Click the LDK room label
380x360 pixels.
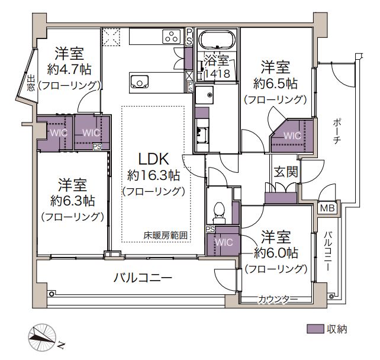pyautogui.click(x=153, y=159)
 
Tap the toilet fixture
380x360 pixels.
pyautogui.click(x=219, y=213)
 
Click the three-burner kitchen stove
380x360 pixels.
pyautogui.click(x=172, y=36)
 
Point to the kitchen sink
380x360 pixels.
pyautogui.click(x=139, y=82)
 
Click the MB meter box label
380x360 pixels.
pyautogui.click(x=327, y=208)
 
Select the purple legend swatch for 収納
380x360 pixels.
pyautogui.click(x=315, y=329)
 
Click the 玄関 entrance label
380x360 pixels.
pyautogui.click(x=286, y=172)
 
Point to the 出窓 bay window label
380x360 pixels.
pyautogui.click(x=31, y=83)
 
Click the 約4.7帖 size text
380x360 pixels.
pyautogui.click(x=69, y=70)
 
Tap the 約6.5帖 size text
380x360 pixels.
pyautogui.click(x=275, y=84)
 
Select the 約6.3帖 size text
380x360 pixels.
pyautogui.click(x=72, y=201)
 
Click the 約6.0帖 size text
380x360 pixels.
pyautogui.click(x=276, y=253)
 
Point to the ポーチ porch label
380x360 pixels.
pyautogui.click(x=336, y=131)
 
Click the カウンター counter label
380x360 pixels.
pyautogui.click(x=278, y=300)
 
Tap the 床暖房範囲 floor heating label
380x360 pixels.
pyautogui.click(x=165, y=236)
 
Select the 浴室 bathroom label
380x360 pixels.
pyautogui.click(x=217, y=60)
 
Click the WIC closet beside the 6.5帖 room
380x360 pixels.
pyautogui.click(x=292, y=136)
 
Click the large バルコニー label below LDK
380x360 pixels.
pyautogui.click(x=143, y=278)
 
